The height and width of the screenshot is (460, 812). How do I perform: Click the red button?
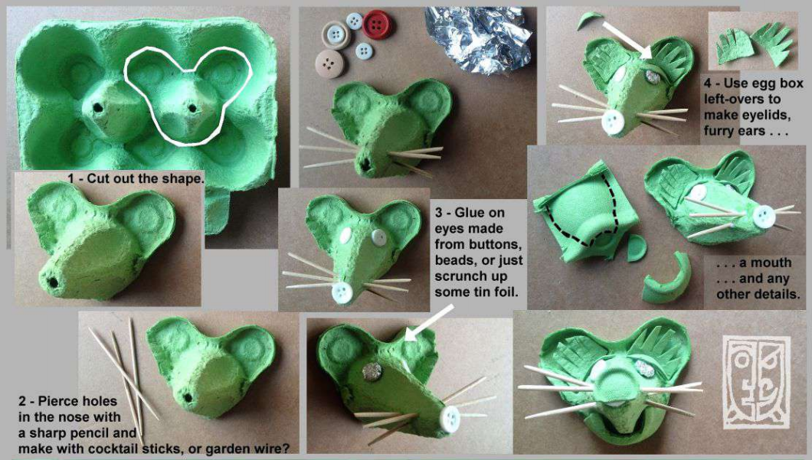point(377,24)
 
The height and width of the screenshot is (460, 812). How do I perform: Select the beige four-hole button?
point(329,63)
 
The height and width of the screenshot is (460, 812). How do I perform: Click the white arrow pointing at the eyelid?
point(627,40)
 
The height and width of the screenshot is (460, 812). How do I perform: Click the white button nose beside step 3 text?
point(343,292)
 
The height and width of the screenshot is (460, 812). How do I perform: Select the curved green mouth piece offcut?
point(668,279)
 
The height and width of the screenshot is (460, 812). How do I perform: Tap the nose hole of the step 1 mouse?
point(52,282)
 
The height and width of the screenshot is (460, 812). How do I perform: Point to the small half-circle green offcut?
point(636,248)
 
